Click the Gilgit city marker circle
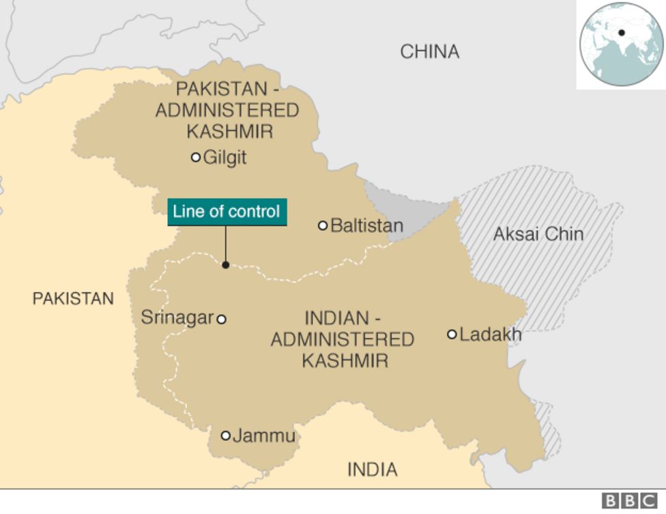pyautogui.click(x=196, y=157)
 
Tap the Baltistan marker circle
pyautogui.click(x=323, y=225)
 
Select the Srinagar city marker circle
pyautogui.click(x=221, y=319)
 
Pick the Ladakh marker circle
pyautogui.click(x=452, y=334)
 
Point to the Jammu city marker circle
pyautogui.click(x=226, y=436)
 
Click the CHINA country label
pyautogui.click(x=429, y=52)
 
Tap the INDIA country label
pyautogui.click(x=372, y=470)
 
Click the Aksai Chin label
pyautogui.click(x=538, y=234)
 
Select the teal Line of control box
pyautogui.click(x=227, y=212)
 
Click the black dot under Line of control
pyautogui.click(x=226, y=265)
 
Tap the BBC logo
pyautogui.click(x=628, y=501)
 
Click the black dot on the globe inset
pyautogui.click(x=622, y=33)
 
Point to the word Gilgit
pyautogui.click(x=225, y=158)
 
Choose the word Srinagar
pyautogui.click(x=177, y=317)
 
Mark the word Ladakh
pyautogui.click(x=491, y=334)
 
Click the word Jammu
pyautogui.click(x=264, y=436)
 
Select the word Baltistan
pyautogui.click(x=366, y=226)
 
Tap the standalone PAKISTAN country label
pyautogui.click(x=73, y=298)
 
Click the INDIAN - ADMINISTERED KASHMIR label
pyautogui.click(x=343, y=339)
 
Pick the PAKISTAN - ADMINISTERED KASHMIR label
pyautogui.click(x=227, y=110)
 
